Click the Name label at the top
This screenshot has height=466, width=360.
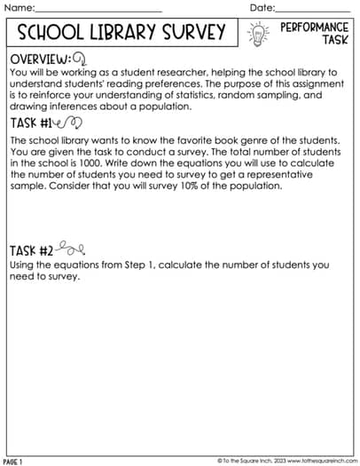[20, 8]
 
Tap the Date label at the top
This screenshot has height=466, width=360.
[262, 8]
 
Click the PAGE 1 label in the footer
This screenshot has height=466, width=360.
[12, 462]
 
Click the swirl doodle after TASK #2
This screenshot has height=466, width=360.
[72, 249]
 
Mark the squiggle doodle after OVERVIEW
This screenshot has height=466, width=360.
[79, 59]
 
